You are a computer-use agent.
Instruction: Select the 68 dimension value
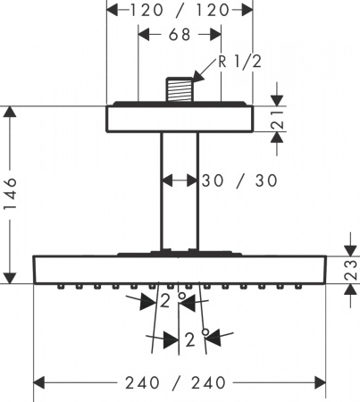tap(180, 37)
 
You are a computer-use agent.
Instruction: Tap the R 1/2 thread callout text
tap(240, 63)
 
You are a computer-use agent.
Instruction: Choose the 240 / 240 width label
tap(180, 382)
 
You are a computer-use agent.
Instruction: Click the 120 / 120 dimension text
tap(179, 12)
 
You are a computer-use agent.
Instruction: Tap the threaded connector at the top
tap(180, 91)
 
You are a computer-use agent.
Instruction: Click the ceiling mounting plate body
tap(180, 120)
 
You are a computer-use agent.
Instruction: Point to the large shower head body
tap(180, 270)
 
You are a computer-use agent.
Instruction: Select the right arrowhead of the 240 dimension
tap(322, 382)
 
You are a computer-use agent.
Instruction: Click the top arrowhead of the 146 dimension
tap(10, 112)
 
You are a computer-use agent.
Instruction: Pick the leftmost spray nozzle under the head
tap(60, 288)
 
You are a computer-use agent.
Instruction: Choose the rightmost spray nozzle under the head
tap(299, 288)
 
